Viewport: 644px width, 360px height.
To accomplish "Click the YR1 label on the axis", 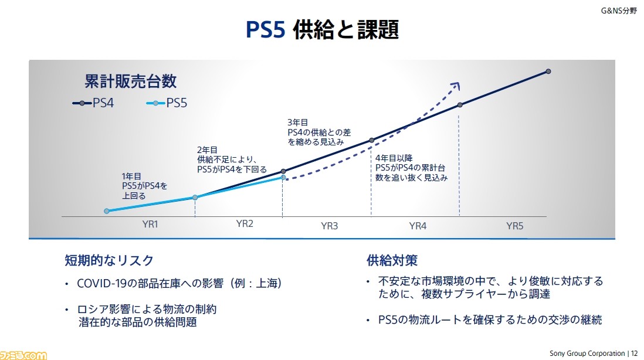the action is pyautogui.click(x=150, y=224).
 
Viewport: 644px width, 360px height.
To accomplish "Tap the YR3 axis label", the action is pyautogui.click(x=330, y=226).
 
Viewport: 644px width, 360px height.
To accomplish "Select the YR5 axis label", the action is pyautogui.click(x=514, y=226).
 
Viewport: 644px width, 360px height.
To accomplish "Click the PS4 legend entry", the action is pyautogui.click(x=93, y=103).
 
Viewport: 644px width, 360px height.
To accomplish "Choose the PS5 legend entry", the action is pyautogui.click(x=167, y=103).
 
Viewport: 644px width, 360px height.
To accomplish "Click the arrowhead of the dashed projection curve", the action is pyautogui.click(x=455, y=86).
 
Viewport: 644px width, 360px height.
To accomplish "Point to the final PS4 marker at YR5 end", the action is pyautogui.click(x=548, y=72).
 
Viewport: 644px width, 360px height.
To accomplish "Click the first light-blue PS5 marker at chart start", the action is pyautogui.click(x=107, y=211).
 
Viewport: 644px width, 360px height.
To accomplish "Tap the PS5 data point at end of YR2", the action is pyautogui.click(x=283, y=177).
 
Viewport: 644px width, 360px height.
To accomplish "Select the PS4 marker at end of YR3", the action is pyautogui.click(x=372, y=140).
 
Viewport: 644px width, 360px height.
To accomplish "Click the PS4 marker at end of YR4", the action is pyautogui.click(x=460, y=105).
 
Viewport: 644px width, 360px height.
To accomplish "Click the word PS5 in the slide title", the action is pyautogui.click(x=265, y=30).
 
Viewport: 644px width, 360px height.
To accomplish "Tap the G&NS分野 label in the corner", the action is pyautogui.click(x=619, y=11).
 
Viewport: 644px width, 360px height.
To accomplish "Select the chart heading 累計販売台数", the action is pyautogui.click(x=131, y=81).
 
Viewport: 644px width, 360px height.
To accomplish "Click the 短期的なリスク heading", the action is pyautogui.click(x=109, y=260).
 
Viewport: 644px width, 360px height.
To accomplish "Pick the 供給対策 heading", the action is pyautogui.click(x=392, y=260).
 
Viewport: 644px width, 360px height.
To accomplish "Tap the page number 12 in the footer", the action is pyautogui.click(x=634, y=354).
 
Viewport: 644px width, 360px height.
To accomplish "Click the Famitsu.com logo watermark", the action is pyautogui.click(x=23, y=355).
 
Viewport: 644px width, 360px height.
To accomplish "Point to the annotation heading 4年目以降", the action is pyautogui.click(x=394, y=158).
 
